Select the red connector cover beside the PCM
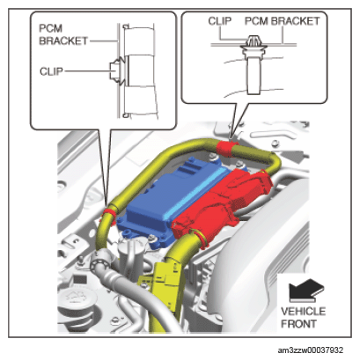point(223,203)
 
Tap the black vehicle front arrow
point(306,291)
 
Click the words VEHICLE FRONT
point(303,318)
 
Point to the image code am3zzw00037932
point(311,350)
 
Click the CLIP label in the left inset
point(51,71)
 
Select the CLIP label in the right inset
point(220,21)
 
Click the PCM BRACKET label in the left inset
point(63,34)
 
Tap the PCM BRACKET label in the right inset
point(282,21)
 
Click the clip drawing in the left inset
point(116,70)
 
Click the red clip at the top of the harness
point(225,149)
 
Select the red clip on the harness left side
point(109,213)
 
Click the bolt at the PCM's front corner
point(151,239)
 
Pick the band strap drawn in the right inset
point(253,74)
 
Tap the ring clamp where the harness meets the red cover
point(201,237)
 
